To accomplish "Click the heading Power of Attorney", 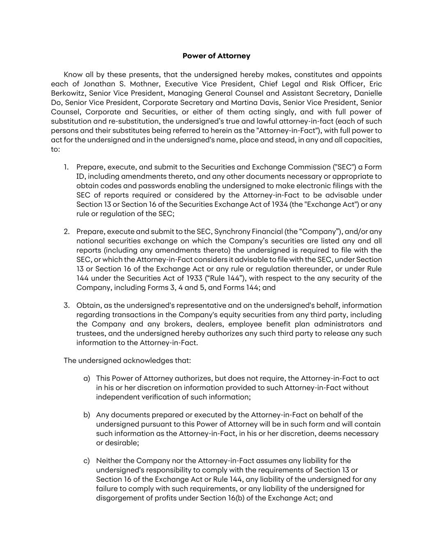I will [216, 56].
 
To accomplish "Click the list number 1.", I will [66, 167].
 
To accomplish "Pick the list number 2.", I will [66, 231].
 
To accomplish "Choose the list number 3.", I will [66, 305].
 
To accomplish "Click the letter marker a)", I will [87, 378].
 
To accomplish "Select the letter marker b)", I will [87, 415].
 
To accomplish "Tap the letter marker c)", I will [87, 461].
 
